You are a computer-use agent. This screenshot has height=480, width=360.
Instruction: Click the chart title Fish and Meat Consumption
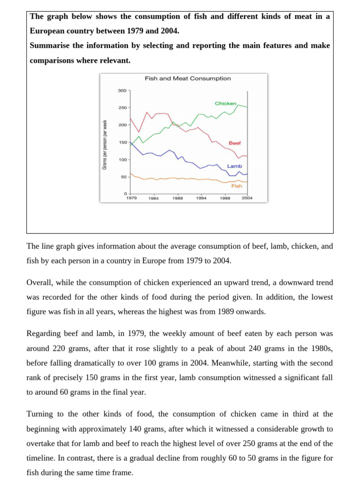click(187, 79)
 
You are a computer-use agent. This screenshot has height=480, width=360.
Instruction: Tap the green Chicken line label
click(225, 103)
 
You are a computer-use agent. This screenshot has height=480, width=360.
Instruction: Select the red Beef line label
click(235, 143)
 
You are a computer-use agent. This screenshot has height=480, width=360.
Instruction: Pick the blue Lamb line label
click(234, 166)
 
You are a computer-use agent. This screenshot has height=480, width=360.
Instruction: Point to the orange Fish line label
click(237, 186)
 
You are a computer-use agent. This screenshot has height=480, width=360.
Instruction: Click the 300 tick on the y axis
click(122, 90)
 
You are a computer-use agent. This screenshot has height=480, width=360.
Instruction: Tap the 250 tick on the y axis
click(122, 108)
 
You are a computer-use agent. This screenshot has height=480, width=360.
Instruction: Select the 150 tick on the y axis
click(122, 142)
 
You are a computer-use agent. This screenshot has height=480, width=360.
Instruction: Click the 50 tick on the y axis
click(124, 177)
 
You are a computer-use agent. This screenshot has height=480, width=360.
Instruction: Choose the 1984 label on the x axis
click(154, 199)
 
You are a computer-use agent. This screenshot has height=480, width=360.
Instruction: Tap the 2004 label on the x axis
click(247, 198)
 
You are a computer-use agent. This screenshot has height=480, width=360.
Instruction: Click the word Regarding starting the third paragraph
click(44, 334)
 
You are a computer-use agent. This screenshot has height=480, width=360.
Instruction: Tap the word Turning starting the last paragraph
click(40, 414)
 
